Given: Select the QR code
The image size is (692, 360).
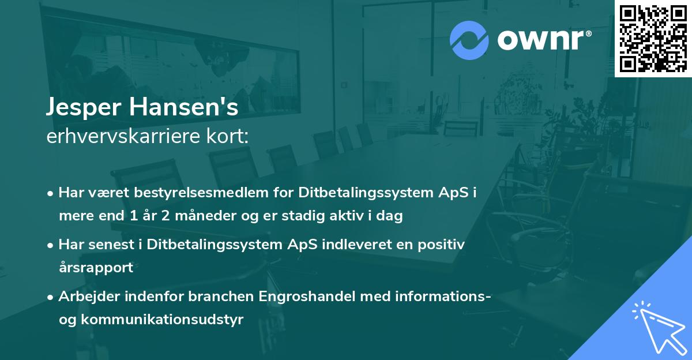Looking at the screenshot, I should point(653,38).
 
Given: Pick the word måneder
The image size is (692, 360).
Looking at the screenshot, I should point(208,216).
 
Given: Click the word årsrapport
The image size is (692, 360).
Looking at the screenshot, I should point(96,268).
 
